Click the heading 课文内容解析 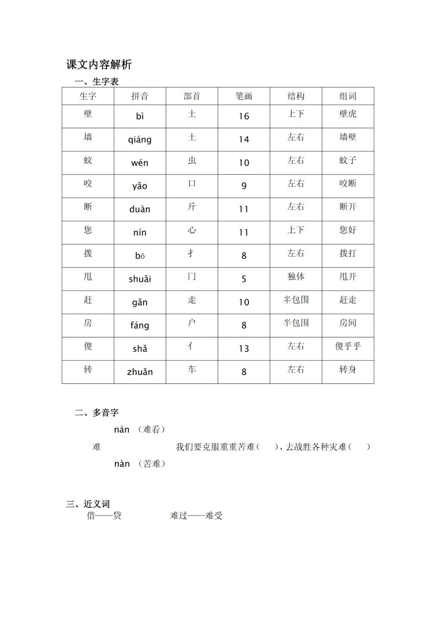tap(99, 64)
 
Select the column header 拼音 tap(140, 96)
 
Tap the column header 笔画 tap(244, 96)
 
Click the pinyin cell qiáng tap(140, 139)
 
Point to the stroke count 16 tap(244, 116)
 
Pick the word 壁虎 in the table tap(348, 114)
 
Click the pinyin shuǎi tap(140, 279)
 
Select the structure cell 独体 tap(296, 277)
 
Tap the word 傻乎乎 tap(348, 346)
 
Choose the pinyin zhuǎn tap(140, 372)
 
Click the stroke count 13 tap(244, 349)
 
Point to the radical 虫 tap(192, 160)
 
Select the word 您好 tap(348, 230)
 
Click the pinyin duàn tap(140, 209)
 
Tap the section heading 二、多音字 tap(97, 413)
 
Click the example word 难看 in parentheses tap(151, 430)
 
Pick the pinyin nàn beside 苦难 tap(122, 464)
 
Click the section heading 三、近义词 tap(88, 504)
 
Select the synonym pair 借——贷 tap(104, 516)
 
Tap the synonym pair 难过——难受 tap(196, 516)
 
